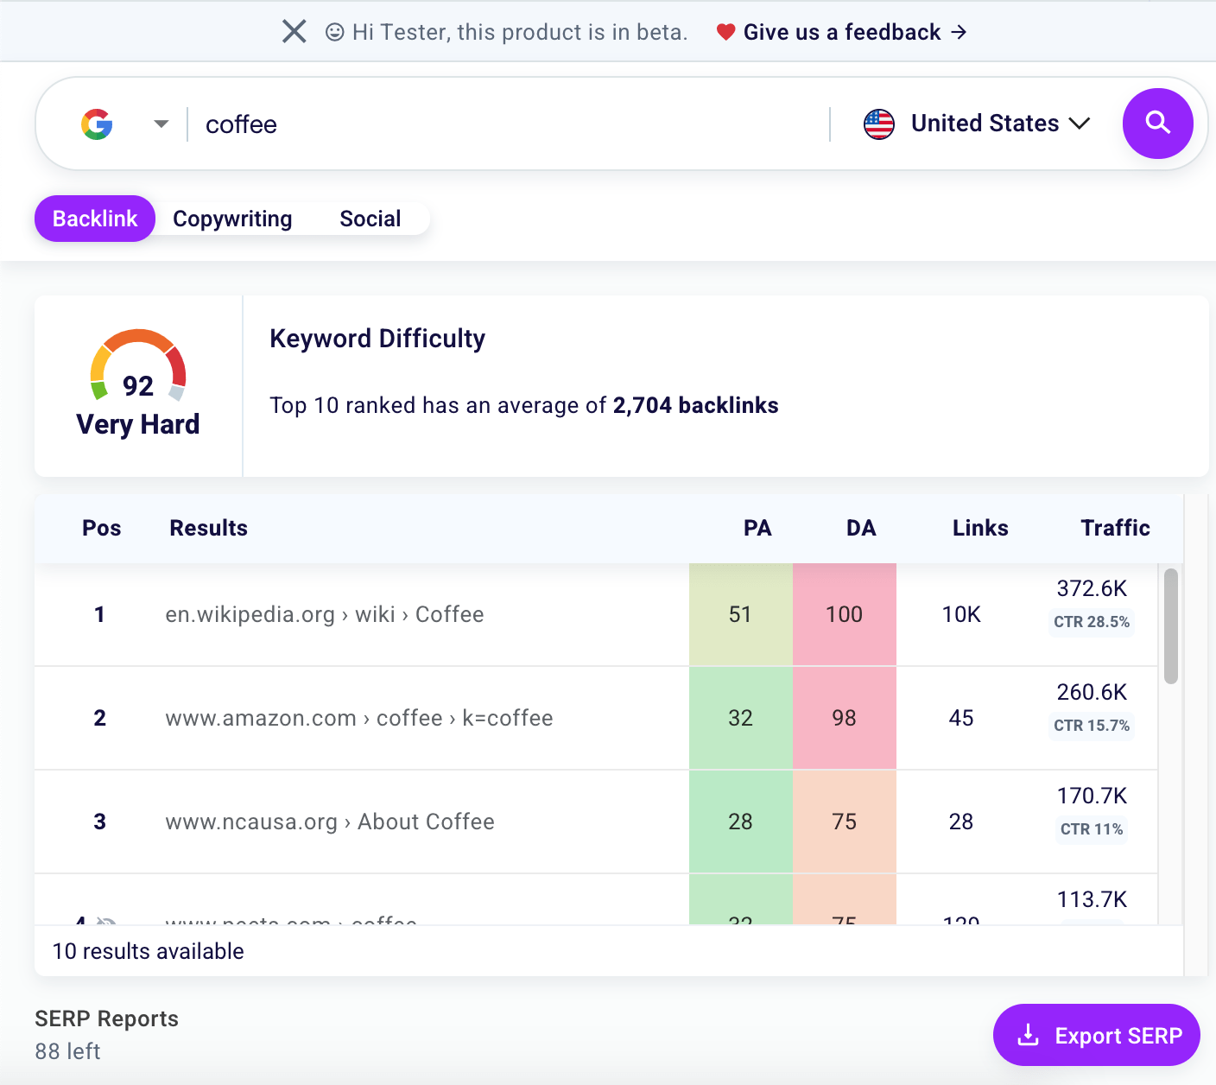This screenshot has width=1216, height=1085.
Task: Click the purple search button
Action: (x=1157, y=124)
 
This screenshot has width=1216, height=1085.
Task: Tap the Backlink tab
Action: (x=95, y=219)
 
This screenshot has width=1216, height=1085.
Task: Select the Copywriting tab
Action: (x=232, y=219)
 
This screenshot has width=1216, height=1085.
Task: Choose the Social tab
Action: (x=370, y=219)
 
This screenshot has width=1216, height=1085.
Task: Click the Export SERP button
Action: (x=1096, y=1035)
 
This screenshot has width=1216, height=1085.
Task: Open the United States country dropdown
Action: (x=977, y=124)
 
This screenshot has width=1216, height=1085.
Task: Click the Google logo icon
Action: (x=98, y=124)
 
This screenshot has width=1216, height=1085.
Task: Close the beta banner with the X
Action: (x=294, y=32)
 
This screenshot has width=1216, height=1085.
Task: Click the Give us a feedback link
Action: (x=842, y=32)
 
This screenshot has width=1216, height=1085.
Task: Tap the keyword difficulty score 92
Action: (x=138, y=385)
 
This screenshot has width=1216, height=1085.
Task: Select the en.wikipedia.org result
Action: (x=325, y=614)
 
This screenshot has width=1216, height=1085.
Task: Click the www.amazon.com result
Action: (x=359, y=718)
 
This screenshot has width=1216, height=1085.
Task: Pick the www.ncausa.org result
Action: (x=330, y=822)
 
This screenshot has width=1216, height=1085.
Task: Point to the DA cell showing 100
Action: (x=844, y=614)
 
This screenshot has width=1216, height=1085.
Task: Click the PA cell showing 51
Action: (x=740, y=614)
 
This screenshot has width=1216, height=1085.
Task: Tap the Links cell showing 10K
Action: (x=961, y=614)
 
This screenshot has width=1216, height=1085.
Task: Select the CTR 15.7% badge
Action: (x=1092, y=726)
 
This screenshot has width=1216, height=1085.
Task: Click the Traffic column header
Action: (x=1115, y=528)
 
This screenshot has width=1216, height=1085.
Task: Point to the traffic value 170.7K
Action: (x=1092, y=796)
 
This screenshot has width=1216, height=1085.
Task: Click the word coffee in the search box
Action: (x=241, y=124)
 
